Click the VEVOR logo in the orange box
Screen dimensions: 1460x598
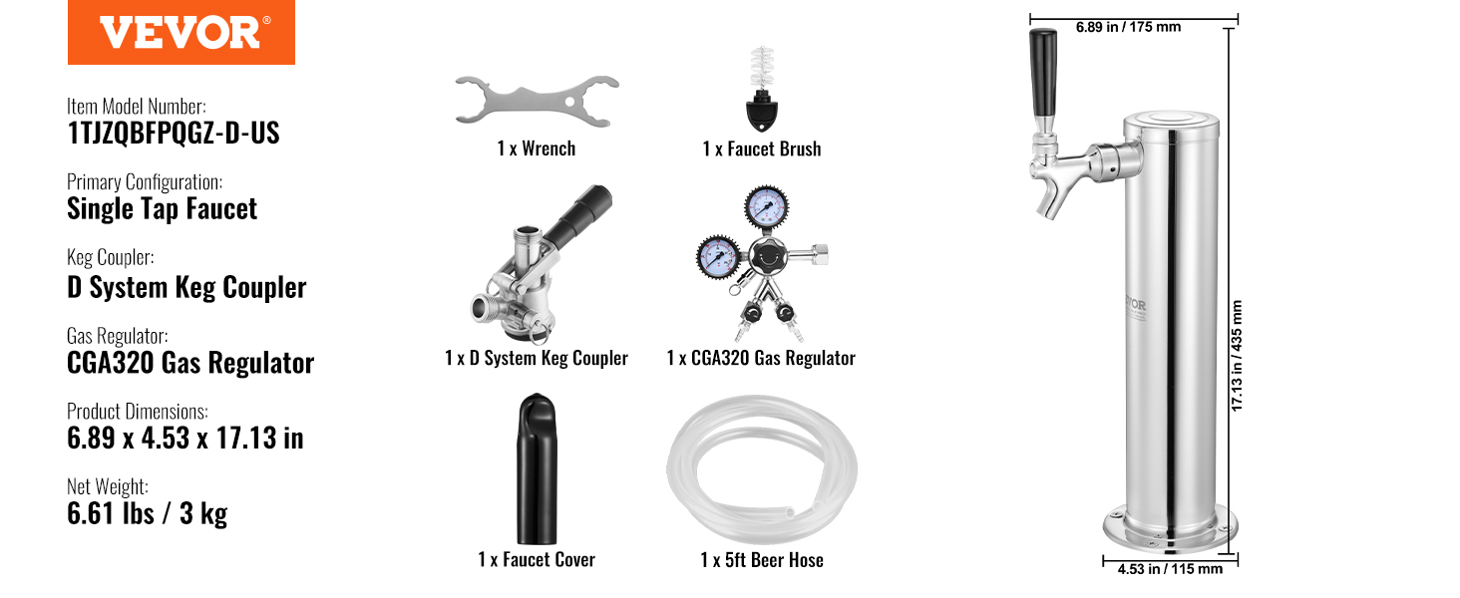coord(182,33)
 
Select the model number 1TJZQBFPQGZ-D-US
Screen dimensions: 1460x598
coord(174,133)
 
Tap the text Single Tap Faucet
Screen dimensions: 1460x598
coord(162,209)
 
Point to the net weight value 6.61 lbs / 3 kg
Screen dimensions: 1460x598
coord(148,513)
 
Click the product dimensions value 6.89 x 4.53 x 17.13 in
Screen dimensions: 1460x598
coord(185,438)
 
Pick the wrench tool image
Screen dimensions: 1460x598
coord(538,101)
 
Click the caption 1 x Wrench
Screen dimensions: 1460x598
coord(537,149)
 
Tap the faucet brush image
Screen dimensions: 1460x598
coord(761,89)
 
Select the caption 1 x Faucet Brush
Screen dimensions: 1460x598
coord(762,149)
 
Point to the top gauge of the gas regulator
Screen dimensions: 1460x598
coord(767,207)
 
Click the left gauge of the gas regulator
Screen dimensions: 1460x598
coord(719,256)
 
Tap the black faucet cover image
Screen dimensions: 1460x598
coord(537,468)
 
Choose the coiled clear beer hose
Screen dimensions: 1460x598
coord(762,469)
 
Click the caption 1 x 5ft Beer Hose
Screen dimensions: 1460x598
coord(762,560)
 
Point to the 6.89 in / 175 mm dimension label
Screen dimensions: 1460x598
coord(1128,27)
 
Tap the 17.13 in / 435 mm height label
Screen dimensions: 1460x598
coord(1237,356)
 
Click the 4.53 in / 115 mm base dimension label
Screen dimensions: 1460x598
coord(1170,569)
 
